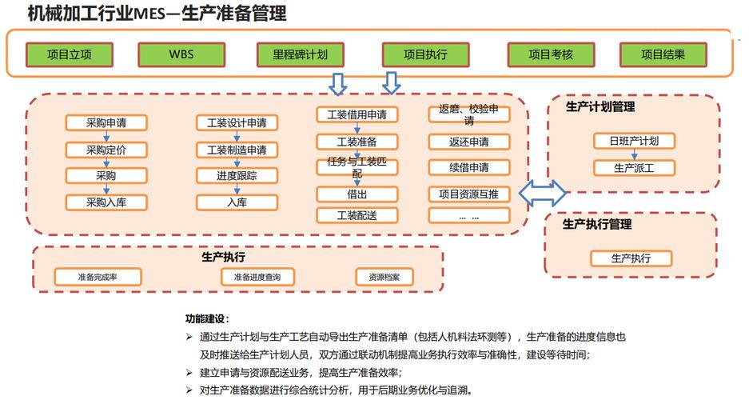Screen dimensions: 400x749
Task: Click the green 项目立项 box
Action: (70, 54)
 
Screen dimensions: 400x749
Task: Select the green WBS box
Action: (181, 54)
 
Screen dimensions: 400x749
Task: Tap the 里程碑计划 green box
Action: (301, 54)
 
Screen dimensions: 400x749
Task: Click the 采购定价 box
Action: (106, 150)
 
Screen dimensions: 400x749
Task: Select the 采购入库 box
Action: (106, 202)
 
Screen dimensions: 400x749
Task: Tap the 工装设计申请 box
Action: (237, 123)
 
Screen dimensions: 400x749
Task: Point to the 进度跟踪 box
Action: (237, 176)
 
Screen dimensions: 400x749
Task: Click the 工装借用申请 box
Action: (357, 115)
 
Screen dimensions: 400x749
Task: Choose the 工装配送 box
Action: (357, 215)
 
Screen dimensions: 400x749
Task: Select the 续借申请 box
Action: (468, 168)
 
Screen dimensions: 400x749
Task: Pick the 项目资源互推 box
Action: (468, 194)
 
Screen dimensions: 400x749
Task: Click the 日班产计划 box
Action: (634, 141)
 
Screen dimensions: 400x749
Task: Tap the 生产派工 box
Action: (634, 168)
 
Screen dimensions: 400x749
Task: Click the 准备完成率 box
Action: (98, 277)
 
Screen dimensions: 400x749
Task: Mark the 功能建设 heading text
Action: (207, 318)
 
